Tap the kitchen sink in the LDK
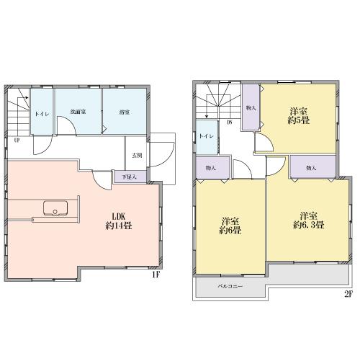pyautogui.click(x=53, y=209)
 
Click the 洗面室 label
pyautogui.click(x=78, y=112)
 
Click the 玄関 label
pyautogui.click(x=137, y=154)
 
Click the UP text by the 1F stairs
pyautogui.click(x=15, y=141)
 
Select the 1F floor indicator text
pyautogui.click(x=155, y=275)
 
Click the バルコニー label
pyautogui.click(x=230, y=287)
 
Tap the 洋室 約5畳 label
pyautogui.click(x=298, y=117)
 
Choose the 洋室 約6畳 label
pyautogui.click(x=230, y=226)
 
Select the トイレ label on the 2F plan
pyautogui.click(x=206, y=135)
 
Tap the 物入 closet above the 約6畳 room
pyautogui.click(x=209, y=168)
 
